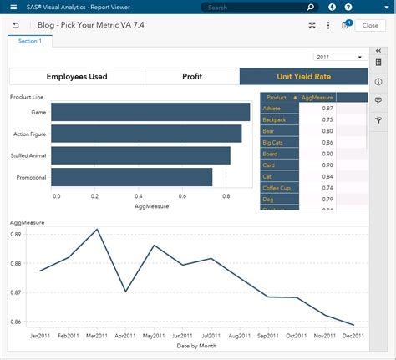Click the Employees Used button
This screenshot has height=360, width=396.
[77, 76]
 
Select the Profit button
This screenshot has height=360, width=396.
[192, 76]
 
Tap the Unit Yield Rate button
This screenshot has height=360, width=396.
[303, 76]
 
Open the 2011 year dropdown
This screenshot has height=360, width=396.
[341, 57]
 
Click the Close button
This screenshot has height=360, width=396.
[370, 25]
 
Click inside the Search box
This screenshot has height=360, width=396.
[251, 7]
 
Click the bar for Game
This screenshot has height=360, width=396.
[150, 112]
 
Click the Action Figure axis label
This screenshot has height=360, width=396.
[30, 134]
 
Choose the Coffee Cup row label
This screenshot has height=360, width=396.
[277, 187]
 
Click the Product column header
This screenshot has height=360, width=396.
[277, 97]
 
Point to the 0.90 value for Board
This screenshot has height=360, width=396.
[327, 154]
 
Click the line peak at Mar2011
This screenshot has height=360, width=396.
[97, 229]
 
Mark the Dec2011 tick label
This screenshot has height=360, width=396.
[353, 336]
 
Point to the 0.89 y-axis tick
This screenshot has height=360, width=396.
[17, 235]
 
